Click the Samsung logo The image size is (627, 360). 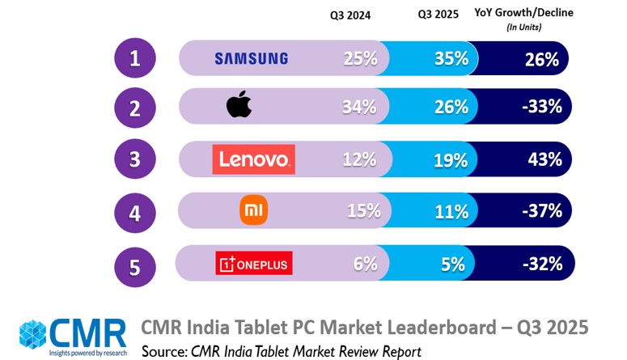point(251,58)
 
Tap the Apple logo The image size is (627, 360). point(239,106)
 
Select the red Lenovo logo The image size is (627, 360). point(253,159)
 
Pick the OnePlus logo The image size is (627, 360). point(254,263)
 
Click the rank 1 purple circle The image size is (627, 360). point(134,58)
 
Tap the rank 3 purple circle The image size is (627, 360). point(134,159)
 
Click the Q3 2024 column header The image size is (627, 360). point(350,14)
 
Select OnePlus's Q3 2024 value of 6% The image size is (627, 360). point(365,263)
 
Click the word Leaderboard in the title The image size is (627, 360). point(429,328)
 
